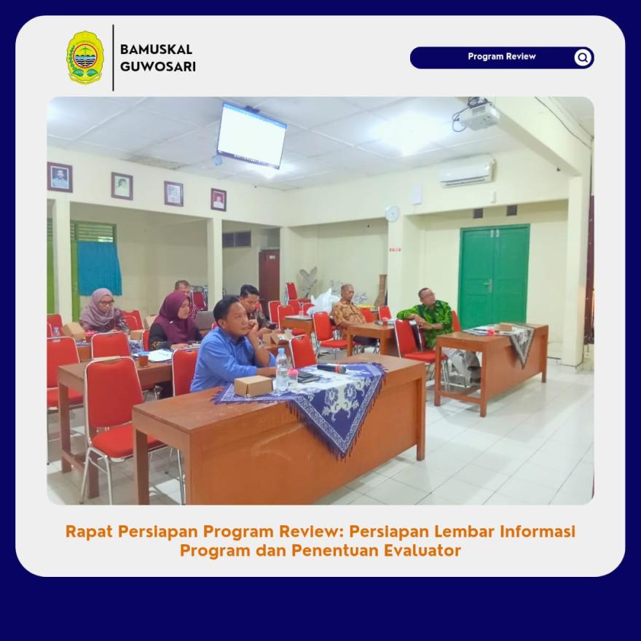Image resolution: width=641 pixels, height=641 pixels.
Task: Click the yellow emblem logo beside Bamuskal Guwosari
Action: (85, 58)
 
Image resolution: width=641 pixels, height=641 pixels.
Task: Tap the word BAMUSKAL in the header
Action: (156, 50)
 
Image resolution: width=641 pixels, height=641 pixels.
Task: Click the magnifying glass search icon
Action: (583, 58)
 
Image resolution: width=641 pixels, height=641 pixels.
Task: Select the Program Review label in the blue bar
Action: (502, 56)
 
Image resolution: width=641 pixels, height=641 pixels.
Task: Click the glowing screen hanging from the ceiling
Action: (251, 135)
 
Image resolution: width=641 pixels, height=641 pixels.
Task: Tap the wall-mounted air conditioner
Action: (467, 172)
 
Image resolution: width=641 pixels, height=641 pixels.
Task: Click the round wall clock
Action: (392, 213)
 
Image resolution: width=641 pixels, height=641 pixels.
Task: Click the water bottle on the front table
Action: (282, 370)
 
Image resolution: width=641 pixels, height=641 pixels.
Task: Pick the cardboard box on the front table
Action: (253, 385)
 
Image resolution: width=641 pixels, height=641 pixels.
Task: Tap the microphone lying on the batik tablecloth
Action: (331, 369)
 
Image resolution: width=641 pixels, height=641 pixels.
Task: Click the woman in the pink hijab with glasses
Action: (102, 310)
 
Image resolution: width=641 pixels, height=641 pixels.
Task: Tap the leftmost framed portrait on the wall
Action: (60, 177)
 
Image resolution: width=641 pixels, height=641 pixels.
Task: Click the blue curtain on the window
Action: (99, 268)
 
